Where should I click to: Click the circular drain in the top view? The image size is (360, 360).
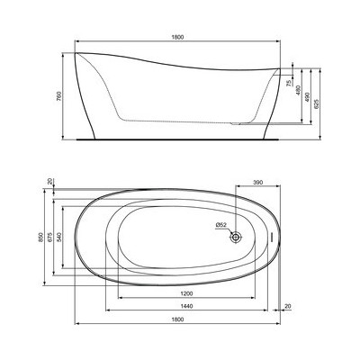[x=237, y=237]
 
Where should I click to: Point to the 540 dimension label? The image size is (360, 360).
[x=61, y=236]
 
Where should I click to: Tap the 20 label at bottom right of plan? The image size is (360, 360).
[x=287, y=307]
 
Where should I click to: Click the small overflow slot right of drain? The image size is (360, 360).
[x=271, y=237]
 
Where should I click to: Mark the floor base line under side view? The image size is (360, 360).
[x=180, y=139]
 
